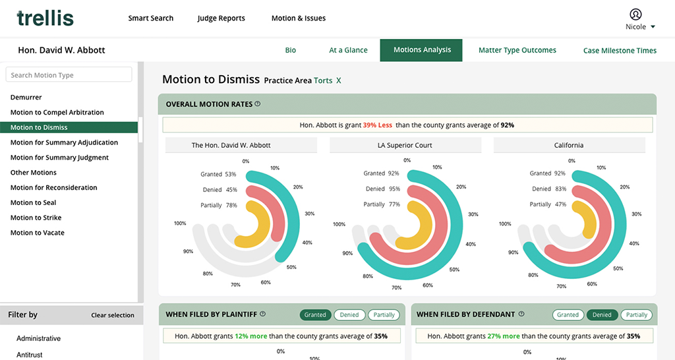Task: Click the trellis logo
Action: click(45, 18)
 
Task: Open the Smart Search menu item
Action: click(150, 18)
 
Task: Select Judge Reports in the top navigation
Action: click(221, 18)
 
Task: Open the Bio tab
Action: click(291, 50)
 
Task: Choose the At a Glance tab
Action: click(348, 50)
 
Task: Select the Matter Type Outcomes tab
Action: click(517, 50)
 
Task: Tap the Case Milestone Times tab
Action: click(620, 51)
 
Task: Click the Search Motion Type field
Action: click(69, 75)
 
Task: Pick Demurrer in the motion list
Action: click(26, 98)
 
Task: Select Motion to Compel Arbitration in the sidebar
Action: click(57, 113)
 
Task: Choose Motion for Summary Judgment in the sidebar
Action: click(59, 158)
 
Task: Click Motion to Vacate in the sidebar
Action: click(38, 233)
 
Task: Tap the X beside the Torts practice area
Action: click(339, 80)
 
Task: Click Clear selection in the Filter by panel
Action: click(113, 315)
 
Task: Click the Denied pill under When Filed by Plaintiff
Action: click(349, 315)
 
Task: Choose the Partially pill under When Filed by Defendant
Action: click(636, 315)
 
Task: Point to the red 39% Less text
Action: click(378, 125)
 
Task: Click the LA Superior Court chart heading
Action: click(405, 145)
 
